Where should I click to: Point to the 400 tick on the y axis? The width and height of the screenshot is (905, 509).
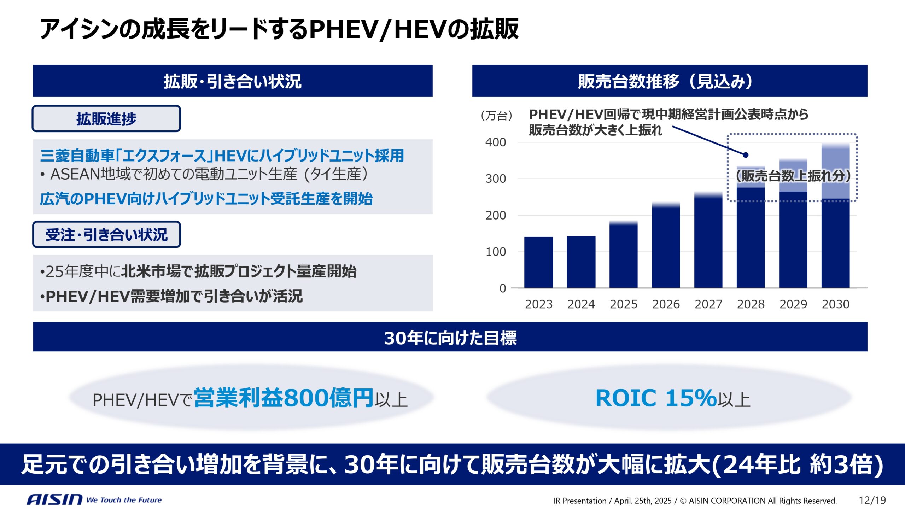pyautogui.click(x=496, y=142)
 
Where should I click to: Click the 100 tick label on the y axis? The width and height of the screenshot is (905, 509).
pyautogui.click(x=496, y=252)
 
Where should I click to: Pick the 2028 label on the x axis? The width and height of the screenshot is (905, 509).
pyautogui.click(x=751, y=304)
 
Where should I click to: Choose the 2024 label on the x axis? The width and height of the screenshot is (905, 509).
pyautogui.click(x=581, y=304)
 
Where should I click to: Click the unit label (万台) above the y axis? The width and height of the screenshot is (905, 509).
pyautogui.click(x=496, y=116)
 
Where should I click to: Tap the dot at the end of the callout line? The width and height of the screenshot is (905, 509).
pyautogui.click(x=746, y=155)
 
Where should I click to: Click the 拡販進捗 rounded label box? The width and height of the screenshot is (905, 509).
pyautogui.click(x=106, y=119)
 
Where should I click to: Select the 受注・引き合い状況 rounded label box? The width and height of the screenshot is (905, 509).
pyautogui.click(x=106, y=235)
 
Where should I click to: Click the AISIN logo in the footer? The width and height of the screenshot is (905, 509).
pyautogui.click(x=54, y=499)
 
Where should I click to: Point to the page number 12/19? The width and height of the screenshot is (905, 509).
pyautogui.click(x=872, y=500)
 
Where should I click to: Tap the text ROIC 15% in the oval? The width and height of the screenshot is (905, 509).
pyautogui.click(x=656, y=398)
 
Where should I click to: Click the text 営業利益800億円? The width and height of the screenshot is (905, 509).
pyautogui.click(x=284, y=398)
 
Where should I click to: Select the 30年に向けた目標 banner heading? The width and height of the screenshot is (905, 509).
pyautogui.click(x=450, y=337)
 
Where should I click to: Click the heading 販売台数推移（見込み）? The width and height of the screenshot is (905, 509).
pyautogui.click(x=665, y=81)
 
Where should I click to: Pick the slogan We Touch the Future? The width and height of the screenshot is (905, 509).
pyautogui.click(x=124, y=500)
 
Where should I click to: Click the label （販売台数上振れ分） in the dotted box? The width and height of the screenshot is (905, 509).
pyautogui.click(x=793, y=176)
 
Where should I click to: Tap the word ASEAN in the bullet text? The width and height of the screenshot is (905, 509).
pyautogui.click(x=75, y=174)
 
